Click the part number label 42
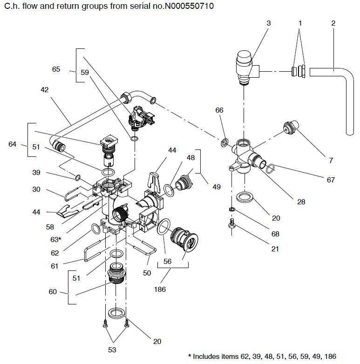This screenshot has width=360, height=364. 44,89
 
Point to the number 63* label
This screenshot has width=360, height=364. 56,239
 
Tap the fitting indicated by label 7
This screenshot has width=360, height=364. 290,128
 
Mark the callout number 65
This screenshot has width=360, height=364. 56,69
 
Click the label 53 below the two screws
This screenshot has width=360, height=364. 112,350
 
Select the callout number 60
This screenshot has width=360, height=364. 52,292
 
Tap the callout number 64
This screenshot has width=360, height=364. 13,144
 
